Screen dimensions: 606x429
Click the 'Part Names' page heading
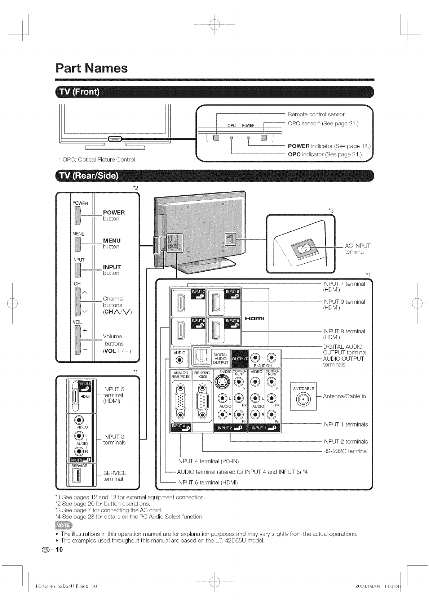(x=92, y=68)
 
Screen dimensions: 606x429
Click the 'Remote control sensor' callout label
(x=316, y=114)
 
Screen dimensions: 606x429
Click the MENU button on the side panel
(x=77, y=244)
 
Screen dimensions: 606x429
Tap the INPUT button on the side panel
(x=77, y=270)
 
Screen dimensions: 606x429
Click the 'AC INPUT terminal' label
(x=357, y=249)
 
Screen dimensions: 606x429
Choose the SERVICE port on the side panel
(x=76, y=476)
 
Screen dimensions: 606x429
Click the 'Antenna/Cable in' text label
(x=344, y=396)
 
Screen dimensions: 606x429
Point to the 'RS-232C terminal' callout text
(x=345, y=451)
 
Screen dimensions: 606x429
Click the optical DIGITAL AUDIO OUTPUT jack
(x=199, y=357)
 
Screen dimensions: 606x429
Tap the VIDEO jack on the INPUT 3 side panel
(x=79, y=420)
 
